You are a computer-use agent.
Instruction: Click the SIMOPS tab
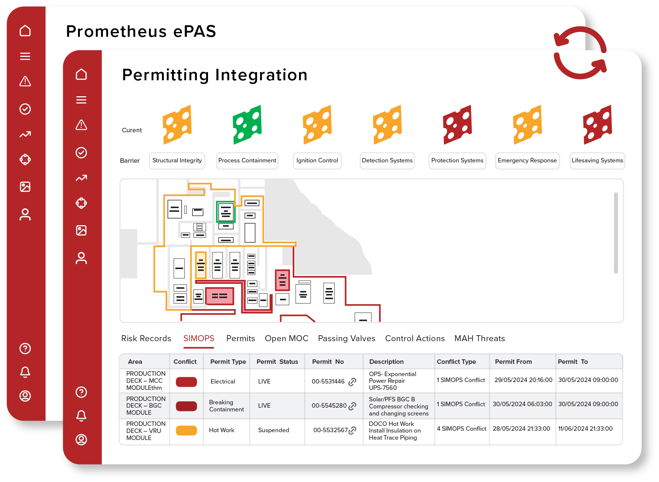pyautogui.click(x=199, y=338)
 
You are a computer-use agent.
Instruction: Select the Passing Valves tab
pyautogui.click(x=346, y=338)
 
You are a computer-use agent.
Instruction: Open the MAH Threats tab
pyautogui.click(x=479, y=338)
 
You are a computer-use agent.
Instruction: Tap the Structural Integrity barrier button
pyautogui.click(x=177, y=161)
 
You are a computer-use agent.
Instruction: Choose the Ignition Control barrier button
pyautogui.click(x=317, y=161)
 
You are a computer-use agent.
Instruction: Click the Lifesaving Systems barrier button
pyautogui.click(x=597, y=161)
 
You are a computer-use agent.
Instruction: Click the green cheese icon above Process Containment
pyautogui.click(x=247, y=124)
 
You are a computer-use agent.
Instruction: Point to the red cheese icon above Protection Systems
pyautogui.click(x=457, y=124)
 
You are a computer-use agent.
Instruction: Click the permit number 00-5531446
pyautogui.click(x=328, y=381)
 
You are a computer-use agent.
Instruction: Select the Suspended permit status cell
pyautogui.click(x=273, y=430)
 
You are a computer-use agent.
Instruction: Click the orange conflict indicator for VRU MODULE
pyautogui.click(x=186, y=430)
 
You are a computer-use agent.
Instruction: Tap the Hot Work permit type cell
pyautogui.click(x=222, y=430)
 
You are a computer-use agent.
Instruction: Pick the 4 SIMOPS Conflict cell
pyautogui.click(x=461, y=428)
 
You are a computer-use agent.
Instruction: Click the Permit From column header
pyautogui.click(x=513, y=362)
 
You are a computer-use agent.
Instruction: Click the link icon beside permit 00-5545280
pyautogui.click(x=352, y=406)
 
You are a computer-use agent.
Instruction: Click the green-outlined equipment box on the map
pyautogui.click(x=225, y=211)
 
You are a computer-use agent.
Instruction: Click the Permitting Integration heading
pyautogui.click(x=215, y=75)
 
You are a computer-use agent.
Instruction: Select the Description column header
pyautogui.click(x=386, y=362)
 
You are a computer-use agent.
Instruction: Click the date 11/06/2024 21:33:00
pyautogui.click(x=585, y=428)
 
